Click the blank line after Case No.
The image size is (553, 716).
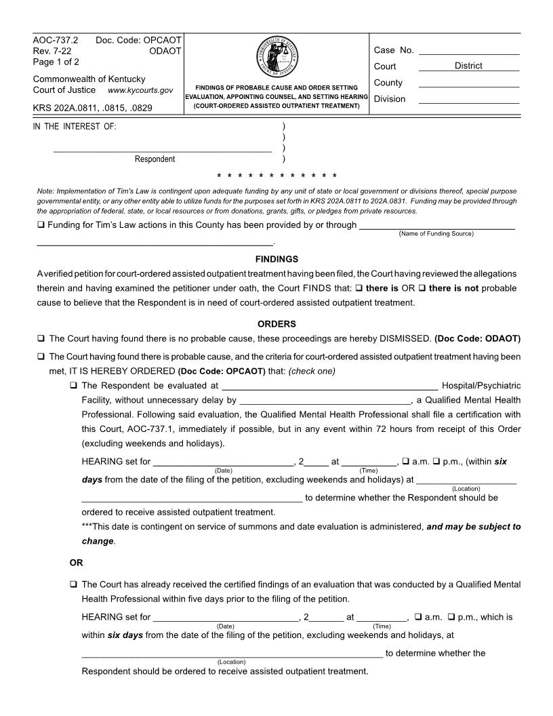(469, 53)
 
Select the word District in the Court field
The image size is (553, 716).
(468, 66)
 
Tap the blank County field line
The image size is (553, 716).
(469, 85)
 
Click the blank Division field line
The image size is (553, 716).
(469, 102)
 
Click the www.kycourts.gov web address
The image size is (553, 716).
(140, 90)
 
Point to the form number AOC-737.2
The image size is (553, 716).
(56, 40)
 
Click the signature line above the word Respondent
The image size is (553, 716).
(163, 151)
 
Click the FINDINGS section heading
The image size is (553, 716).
(276, 259)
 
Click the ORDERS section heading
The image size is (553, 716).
(276, 323)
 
